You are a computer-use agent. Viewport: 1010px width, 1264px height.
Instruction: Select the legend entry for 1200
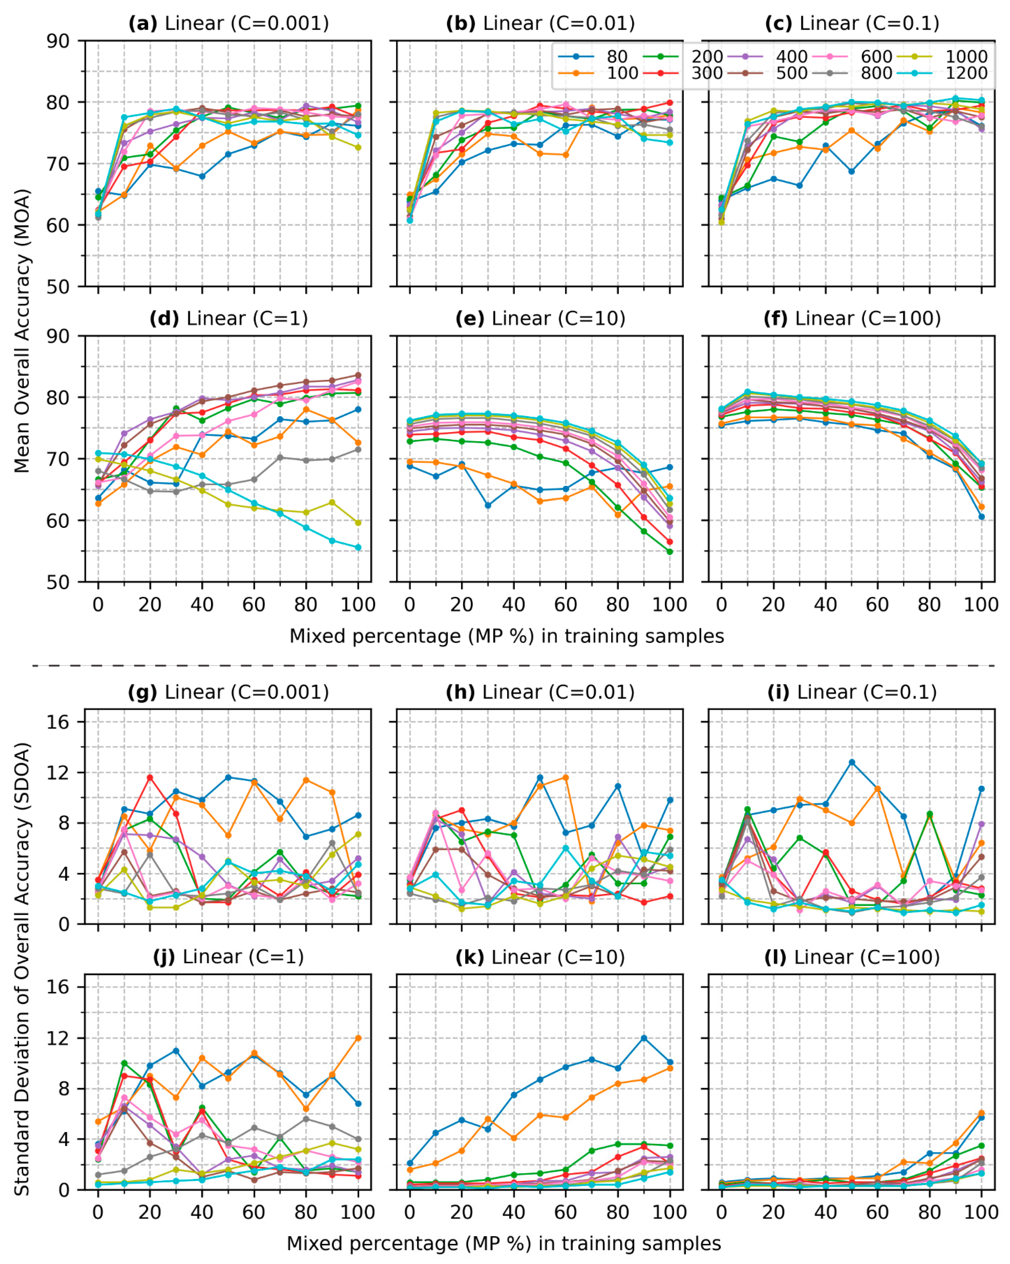point(966,73)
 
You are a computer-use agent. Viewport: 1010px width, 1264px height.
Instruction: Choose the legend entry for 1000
point(966,57)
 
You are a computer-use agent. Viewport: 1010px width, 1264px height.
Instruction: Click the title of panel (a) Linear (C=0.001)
point(229,24)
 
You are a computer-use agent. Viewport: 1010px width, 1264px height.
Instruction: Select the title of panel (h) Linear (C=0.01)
point(540,692)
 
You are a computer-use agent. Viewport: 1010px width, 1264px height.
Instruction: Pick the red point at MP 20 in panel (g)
point(150,778)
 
